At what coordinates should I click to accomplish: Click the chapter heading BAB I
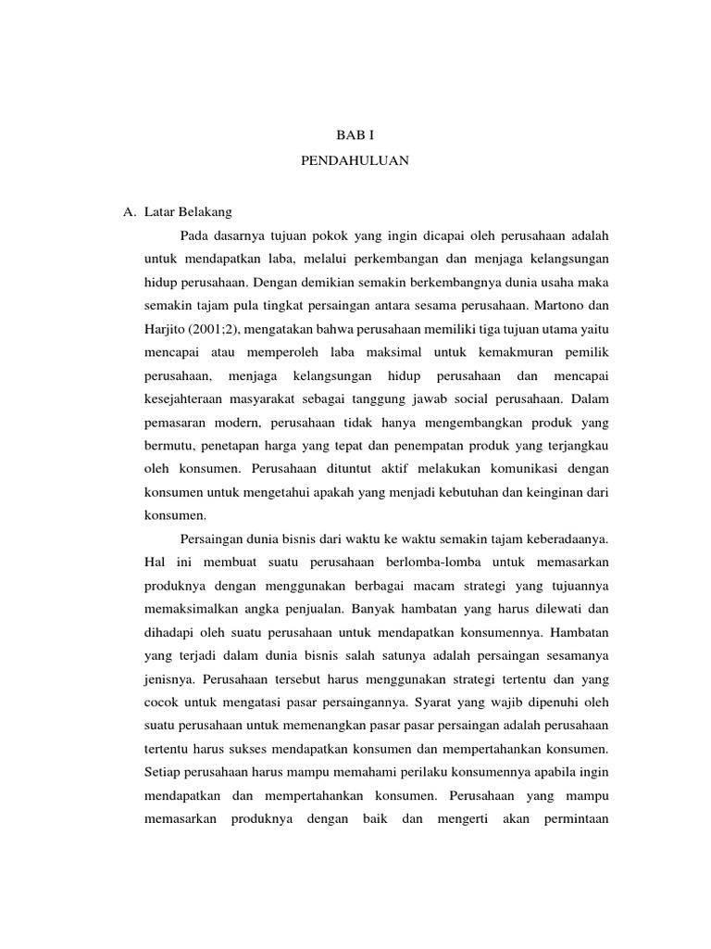click(x=355, y=135)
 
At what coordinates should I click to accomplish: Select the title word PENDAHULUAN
click(x=355, y=160)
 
